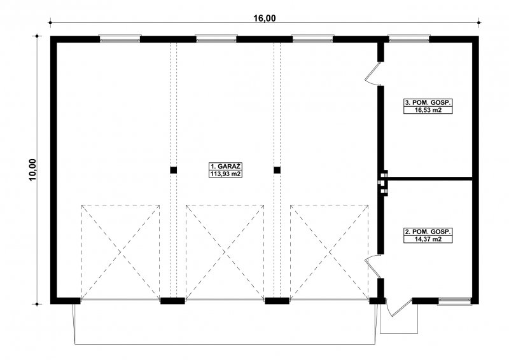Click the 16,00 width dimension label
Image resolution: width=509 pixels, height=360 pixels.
(x=264, y=18)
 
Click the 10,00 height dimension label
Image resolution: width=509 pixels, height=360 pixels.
(x=34, y=169)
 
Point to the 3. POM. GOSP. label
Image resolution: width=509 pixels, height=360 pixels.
(x=428, y=102)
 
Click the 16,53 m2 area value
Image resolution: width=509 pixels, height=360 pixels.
(x=428, y=110)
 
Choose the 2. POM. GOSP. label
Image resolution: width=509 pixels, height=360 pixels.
(x=428, y=232)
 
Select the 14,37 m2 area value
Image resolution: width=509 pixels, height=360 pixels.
(x=428, y=239)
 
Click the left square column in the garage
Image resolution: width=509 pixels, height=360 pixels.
(x=173, y=170)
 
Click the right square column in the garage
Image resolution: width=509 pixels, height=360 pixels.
(x=277, y=170)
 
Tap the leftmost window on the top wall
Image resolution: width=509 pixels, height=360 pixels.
(x=120, y=39)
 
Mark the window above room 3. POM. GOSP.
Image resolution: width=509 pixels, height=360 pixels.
(x=409, y=39)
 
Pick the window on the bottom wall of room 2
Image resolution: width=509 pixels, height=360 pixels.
(x=454, y=301)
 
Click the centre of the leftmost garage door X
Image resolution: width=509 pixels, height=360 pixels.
(x=120, y=252)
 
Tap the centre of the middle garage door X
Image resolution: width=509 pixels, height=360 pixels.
(x=225, y=252)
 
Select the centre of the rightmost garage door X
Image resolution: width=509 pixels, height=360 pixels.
(x=330, y=252)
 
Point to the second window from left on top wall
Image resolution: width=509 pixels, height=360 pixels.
(x=216, y=39)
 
